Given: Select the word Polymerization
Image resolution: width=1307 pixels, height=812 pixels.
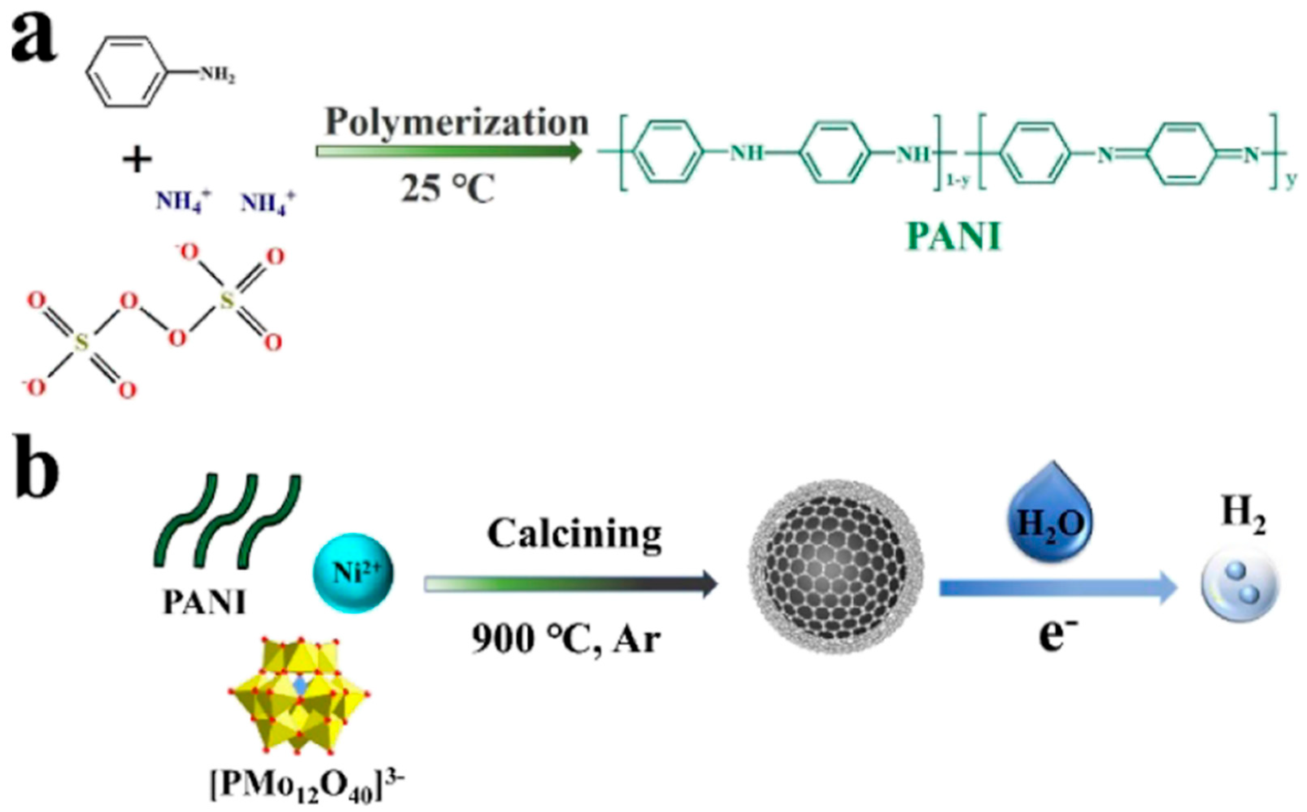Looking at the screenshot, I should point(457,122).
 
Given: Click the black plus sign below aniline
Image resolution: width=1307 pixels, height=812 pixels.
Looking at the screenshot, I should point(137,159).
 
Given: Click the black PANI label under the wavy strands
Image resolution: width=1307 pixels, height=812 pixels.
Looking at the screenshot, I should point(204,603).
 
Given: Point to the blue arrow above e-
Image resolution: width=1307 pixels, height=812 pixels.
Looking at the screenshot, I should point(1058,588).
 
